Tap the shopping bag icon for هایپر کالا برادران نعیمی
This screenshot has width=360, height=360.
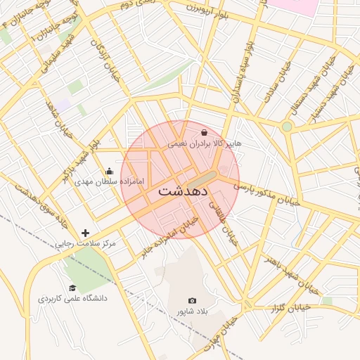tap(204, 132)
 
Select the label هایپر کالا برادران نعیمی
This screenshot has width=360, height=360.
tap(204, 143)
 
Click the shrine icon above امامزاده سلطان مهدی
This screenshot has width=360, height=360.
tap(109, 171)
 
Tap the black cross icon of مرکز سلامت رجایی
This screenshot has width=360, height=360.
tap(86, 233)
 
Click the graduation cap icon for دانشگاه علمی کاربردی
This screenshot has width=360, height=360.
tap(72, 288)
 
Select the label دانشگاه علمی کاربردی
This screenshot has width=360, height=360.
tap(72, 298)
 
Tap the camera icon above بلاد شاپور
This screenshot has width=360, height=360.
tap(193, 301)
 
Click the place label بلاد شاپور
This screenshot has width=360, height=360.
tap(193, 311)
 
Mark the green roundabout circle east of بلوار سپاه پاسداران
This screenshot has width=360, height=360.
tap(287, 127)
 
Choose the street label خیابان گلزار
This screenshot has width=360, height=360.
tap(291, 307)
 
